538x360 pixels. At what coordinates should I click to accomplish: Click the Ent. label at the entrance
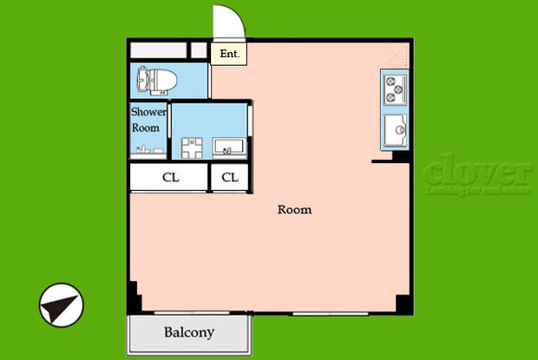click(229, 54)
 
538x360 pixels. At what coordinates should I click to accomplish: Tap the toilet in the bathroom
click(156, 82)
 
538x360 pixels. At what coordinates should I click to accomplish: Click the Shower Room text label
click(148, 120)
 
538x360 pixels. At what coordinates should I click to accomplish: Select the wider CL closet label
click(171, 178)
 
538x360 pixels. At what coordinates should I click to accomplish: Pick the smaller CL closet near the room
click(230, 178)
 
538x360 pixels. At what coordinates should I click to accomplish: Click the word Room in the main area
click(294, 210)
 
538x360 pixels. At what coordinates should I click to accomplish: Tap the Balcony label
click(189, 332)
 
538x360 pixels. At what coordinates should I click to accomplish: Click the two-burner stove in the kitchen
click(395, 87)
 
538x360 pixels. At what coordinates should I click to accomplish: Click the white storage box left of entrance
click(158, 50)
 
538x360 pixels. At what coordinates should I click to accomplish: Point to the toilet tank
click(139, 82)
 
